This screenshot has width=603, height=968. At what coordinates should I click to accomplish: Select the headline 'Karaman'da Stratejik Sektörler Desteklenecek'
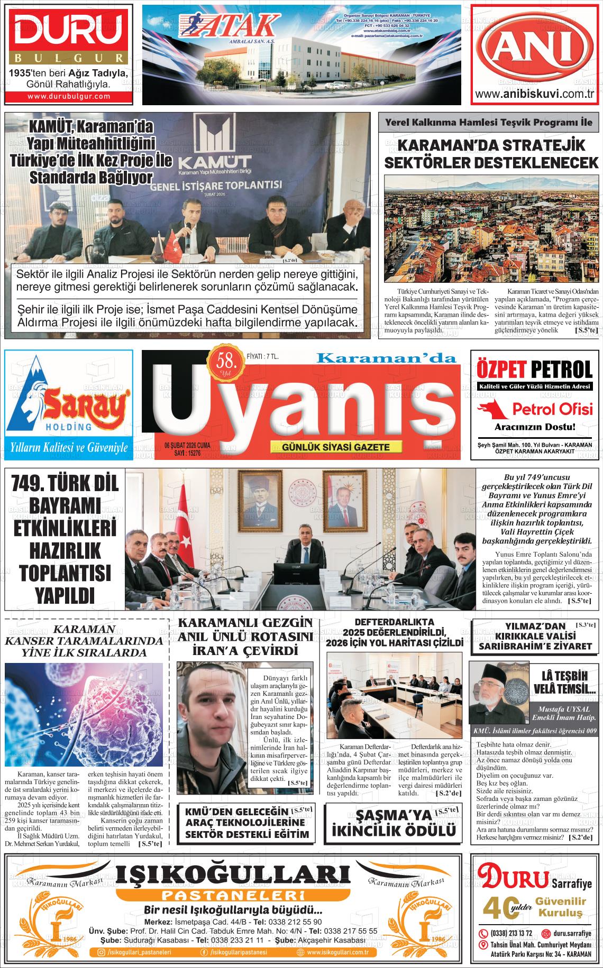pyautogui.click(x=491, y=154)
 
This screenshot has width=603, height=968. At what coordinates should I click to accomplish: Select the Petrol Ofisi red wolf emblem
pyautogui.click(x=492, y=409)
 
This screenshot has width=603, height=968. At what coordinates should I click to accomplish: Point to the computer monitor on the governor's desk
pyautogui.click(x=296, y=575)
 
